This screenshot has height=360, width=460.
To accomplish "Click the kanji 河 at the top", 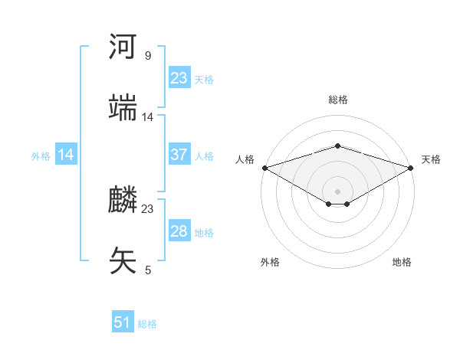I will pos(123,47).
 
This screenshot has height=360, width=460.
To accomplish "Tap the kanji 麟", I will pos(123,201).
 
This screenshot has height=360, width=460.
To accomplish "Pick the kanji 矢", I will pos(123,260).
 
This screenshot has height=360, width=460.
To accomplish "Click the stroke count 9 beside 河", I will pos(147,56).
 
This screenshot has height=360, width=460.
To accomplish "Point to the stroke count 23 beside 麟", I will pos(148,209).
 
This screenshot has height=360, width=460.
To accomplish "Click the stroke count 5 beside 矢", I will pos(147,270).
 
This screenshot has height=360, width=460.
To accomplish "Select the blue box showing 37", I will pos(179,155).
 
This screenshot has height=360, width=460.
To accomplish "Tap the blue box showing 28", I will pos(179,231).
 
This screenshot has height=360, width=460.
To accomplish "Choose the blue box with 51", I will pos(123,322).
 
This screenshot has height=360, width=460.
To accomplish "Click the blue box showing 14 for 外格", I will pos(66,155).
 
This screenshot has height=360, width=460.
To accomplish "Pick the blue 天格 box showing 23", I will pos(179,78).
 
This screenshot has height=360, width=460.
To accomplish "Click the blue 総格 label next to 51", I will pos(147,324).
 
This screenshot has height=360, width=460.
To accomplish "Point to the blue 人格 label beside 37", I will pos(204,155).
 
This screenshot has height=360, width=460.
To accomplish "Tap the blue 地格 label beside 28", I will pos(204,232).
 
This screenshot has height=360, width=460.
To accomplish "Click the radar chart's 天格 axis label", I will pos(431,159).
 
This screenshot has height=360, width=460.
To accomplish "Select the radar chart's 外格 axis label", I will pos(270,262).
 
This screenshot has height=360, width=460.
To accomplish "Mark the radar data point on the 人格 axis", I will pos(264,167).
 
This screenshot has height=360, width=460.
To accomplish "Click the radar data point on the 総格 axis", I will pos(337,146).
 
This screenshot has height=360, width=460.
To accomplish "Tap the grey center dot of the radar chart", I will pos(337,190).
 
